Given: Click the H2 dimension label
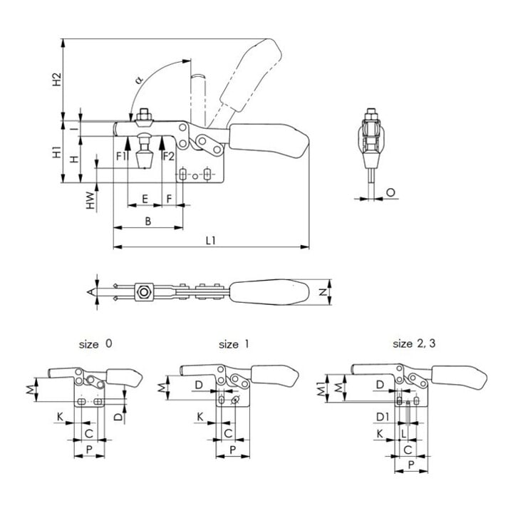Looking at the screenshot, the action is coord(57,80).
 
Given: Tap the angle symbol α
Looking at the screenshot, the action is coord(139,80).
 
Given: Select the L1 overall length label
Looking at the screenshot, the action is coord(211,241).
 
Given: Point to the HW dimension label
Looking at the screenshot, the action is coord(90,200).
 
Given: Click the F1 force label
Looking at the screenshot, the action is coord(121,156).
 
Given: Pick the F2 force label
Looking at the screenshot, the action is coord(168,156).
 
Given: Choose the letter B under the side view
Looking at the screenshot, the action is coord(148,221).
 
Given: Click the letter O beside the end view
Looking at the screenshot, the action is coord(390,192).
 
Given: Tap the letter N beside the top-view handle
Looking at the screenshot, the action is coord(323,292).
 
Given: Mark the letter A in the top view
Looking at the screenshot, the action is coord(90,292).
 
